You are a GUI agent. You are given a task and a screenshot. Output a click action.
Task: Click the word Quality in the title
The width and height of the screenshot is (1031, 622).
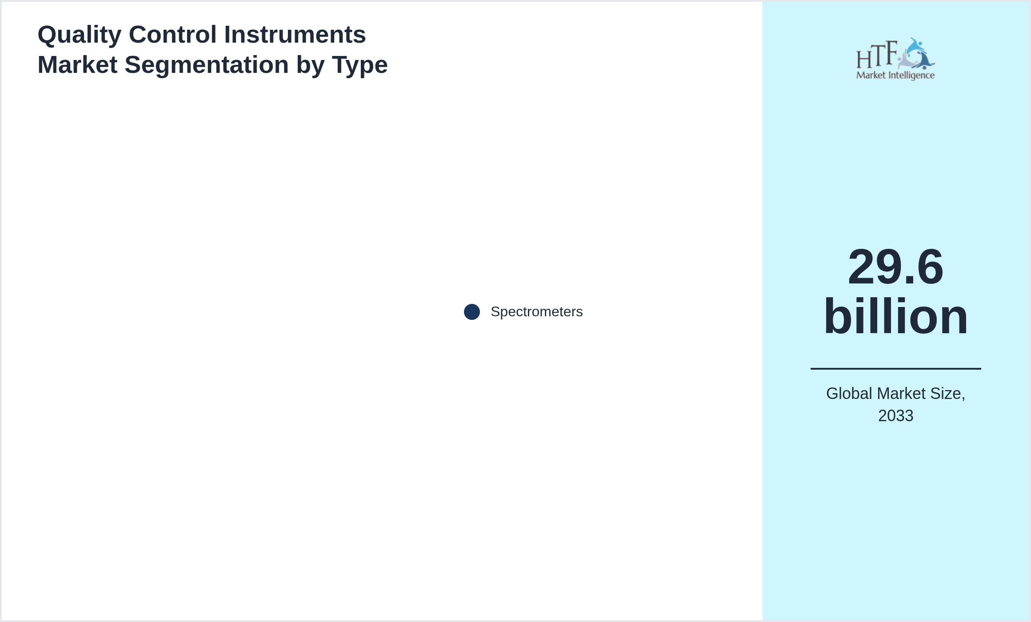point(80,36)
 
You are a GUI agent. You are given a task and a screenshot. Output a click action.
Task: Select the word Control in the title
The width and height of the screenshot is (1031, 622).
point(173,35)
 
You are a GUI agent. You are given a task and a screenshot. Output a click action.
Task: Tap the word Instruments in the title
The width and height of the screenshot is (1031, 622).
point(295,35)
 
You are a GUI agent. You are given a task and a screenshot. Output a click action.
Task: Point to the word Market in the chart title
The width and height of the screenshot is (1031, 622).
point(77,65)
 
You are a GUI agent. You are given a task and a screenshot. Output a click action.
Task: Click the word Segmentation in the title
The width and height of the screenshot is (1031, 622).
point(207,66)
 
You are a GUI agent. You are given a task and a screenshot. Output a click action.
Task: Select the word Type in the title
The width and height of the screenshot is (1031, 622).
point(360,66)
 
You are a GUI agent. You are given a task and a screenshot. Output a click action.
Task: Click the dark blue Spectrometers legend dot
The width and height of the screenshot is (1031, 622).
point(472,312)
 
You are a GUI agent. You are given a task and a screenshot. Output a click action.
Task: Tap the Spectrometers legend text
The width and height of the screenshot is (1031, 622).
point(536,312)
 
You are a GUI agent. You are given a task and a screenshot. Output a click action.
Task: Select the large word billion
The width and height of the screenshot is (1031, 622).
point(895,316)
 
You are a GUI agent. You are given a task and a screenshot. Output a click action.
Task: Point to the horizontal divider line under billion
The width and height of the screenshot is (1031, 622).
point(895,368)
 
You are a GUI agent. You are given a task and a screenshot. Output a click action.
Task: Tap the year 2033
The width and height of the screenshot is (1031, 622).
point(895,416)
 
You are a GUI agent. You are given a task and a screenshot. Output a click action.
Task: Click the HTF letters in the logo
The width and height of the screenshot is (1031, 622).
point(877,55)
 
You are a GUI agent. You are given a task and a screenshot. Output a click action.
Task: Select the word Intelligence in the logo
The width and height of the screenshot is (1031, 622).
point(911,76)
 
